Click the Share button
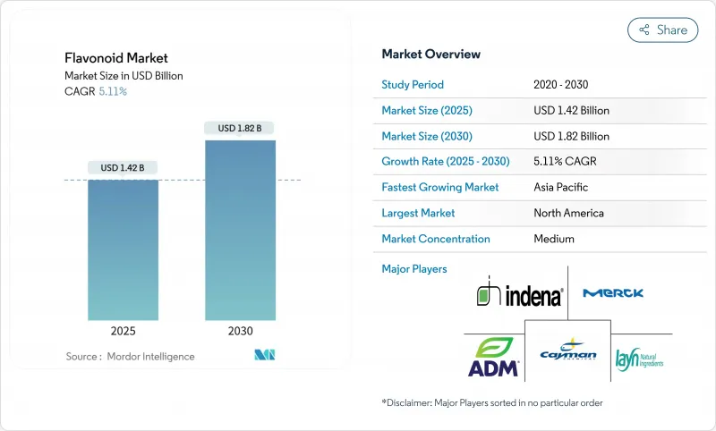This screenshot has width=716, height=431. pyautogui.click(x=662, y=30)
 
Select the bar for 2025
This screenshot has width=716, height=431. pyautogui.click(x=123, y=249)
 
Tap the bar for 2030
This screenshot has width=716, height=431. pyautogui.click(x=240, y=230)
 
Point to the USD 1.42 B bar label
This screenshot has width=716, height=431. pyautogui.click(x=123, y=167)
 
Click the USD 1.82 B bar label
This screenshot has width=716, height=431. pyautogui.click(x=240, y=128)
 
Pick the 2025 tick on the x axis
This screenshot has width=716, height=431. pyautogui.click(x=123, y=331)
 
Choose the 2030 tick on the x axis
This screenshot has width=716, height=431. pyautogui.click(x=240, y=331)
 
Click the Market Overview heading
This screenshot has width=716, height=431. pyautogui.click(x=430, y=55)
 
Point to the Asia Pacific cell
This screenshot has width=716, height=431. pyautogui.click(x=561, y=188)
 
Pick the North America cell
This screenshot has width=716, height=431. pyautogui.click(x=568, y=213)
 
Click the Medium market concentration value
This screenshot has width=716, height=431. pyautogui.click(x=554, y=239)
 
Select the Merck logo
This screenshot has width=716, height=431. pyautogui.click(x=613, y=292)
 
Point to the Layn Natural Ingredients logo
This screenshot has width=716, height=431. pyautogui.click(x=640, y=359)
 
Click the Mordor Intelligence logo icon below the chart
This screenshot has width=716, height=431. pyautogui.click(x=264, y=356)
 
